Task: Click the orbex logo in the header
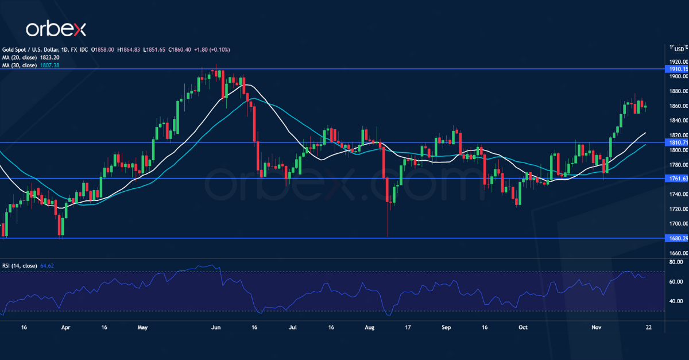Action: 55,29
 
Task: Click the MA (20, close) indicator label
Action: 22,57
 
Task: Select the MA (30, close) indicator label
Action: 22,65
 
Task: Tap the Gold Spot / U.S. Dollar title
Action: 34,50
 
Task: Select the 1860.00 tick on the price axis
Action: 678,106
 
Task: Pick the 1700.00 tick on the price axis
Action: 678,224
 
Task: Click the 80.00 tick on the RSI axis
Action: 675,262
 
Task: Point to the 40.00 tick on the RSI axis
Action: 675,301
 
